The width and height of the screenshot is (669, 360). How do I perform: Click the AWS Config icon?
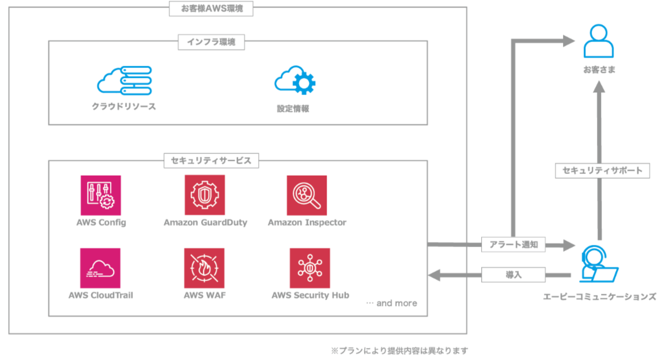pyautogui.click(x=101, y=195)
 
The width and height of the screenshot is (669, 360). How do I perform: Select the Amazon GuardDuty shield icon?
pyautogui.click(x=205, y=195)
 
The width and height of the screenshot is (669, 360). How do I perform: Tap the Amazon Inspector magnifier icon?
pyautogui.click(x=307, y=195)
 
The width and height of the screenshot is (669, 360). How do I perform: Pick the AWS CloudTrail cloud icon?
pyautogui.click(x=101, y=268)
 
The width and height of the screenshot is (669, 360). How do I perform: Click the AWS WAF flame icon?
pyautogui.click(x=205, y=268)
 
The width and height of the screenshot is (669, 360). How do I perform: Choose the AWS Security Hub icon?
pyautogui.click(x=309, y=268)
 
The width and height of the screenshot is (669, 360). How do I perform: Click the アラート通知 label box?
pyautogui.click(x=513, y=245)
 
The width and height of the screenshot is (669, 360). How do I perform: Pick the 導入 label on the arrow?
pyautogui.click(x=513, y=275)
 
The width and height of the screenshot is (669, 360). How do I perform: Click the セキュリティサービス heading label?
pyautogui.click(x=211, y=161)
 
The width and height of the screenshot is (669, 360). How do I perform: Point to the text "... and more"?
pyautogui.click(x=391, y=303)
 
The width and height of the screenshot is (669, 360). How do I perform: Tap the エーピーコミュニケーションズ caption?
pyautogui.click(x=599, y=297)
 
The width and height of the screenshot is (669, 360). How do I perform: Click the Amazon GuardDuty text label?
pyautogui.click(x=205, y=222)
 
